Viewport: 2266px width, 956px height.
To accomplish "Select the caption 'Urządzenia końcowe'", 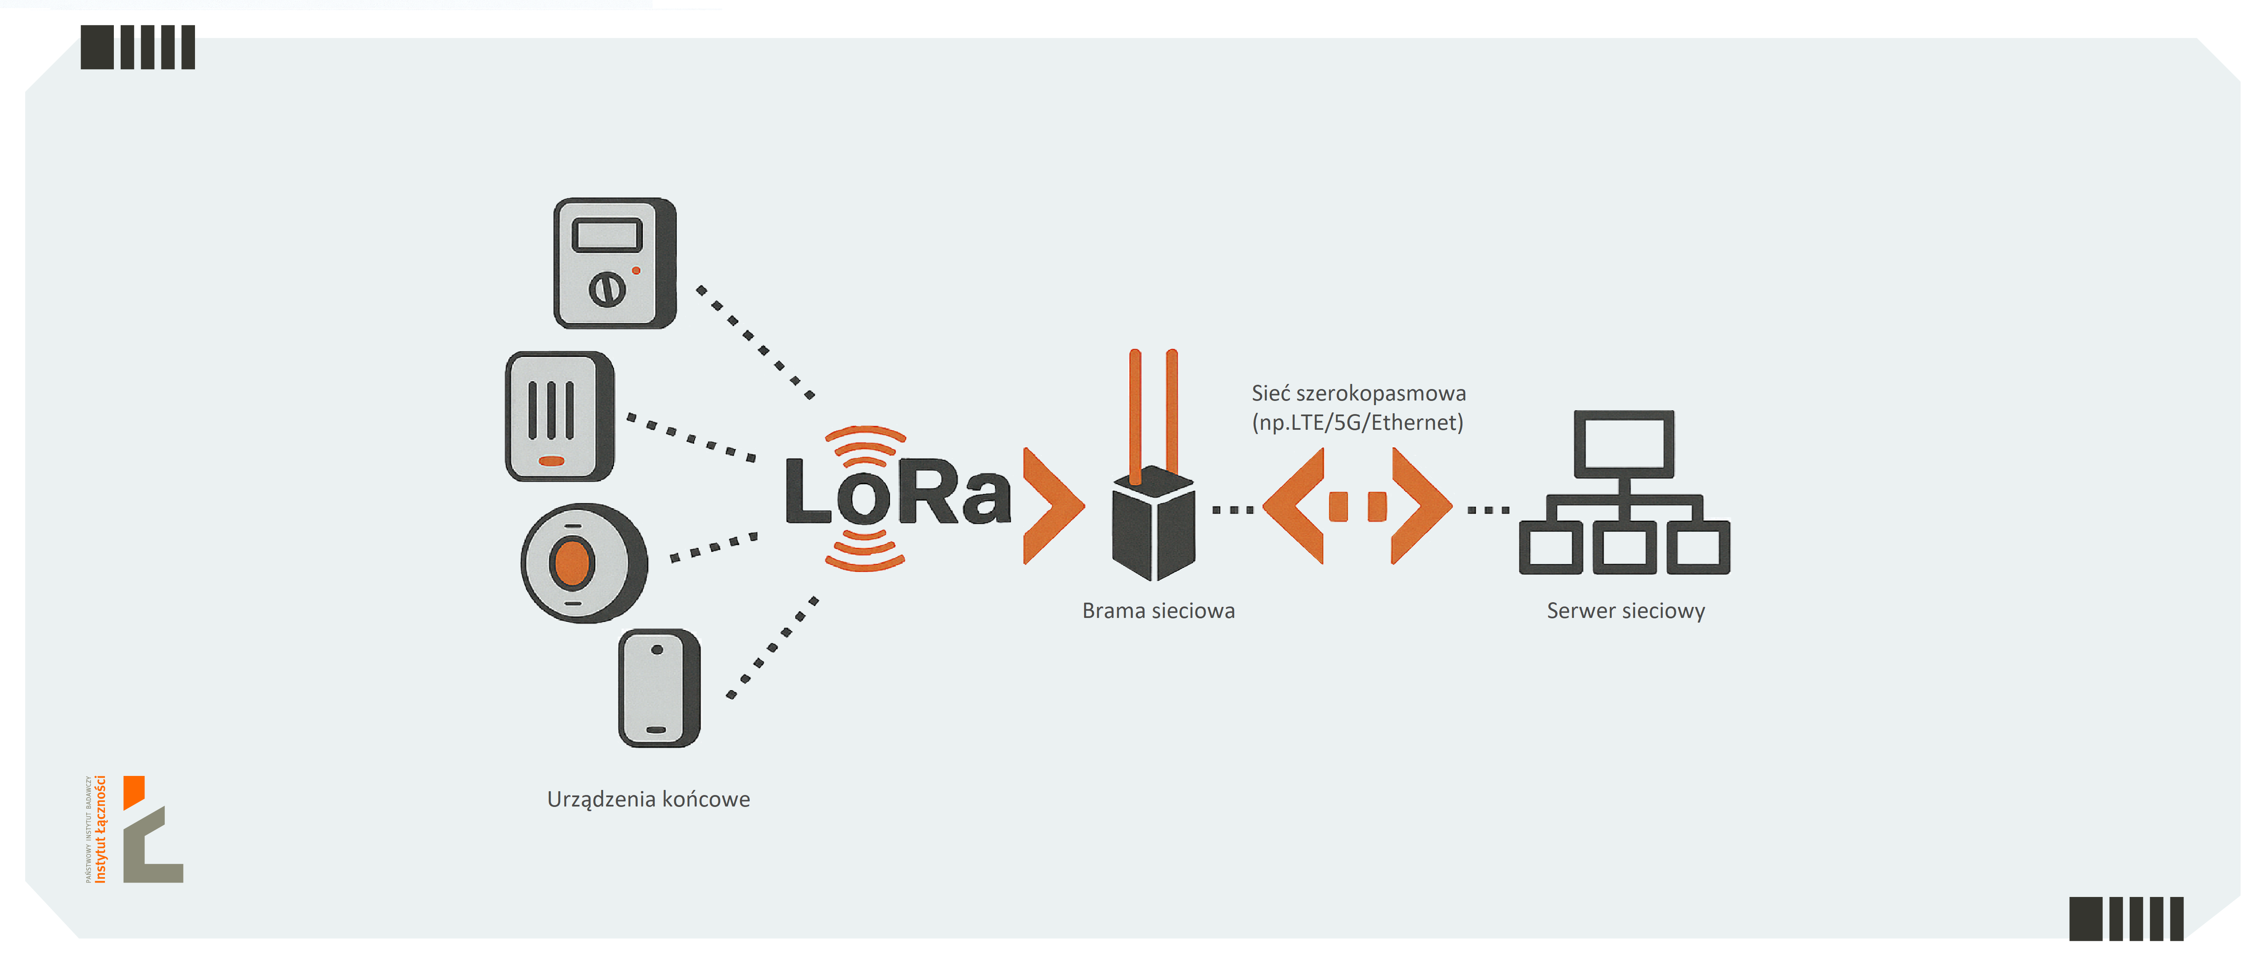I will click(x=648, y=798).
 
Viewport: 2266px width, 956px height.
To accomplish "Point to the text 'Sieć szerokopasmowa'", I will click(x=1358, y=393).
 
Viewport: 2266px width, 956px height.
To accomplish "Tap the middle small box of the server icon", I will click(x=1624, y=547).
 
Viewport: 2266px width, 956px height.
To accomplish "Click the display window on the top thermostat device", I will click(x=607, y=235).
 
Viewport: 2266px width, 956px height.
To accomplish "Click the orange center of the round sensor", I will click(x=572, y=563).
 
